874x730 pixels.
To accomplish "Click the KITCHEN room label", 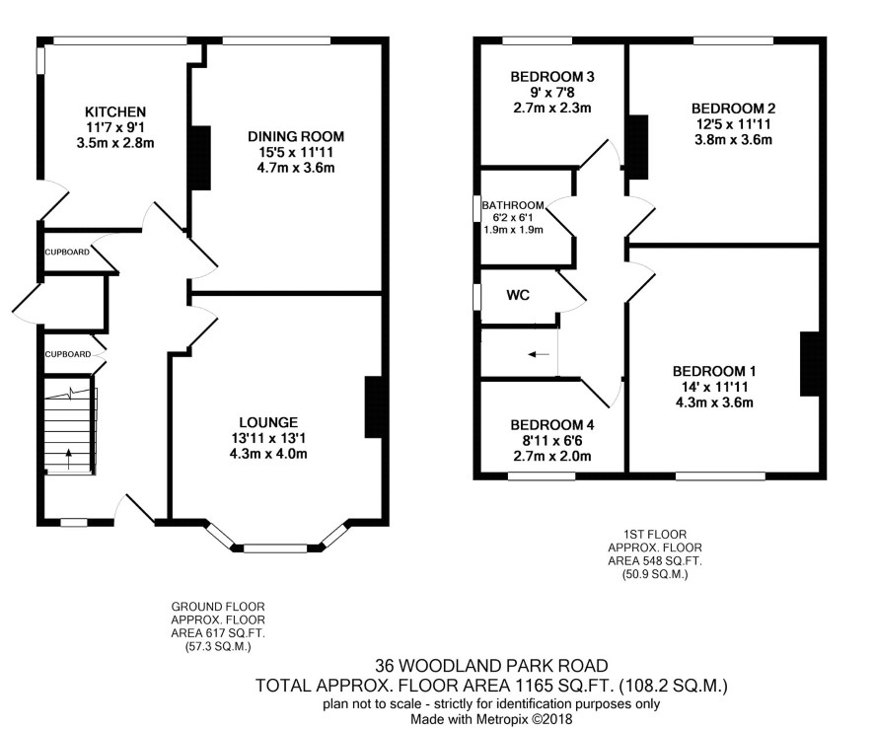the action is [x=115, y=112].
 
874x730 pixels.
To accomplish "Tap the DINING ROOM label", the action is [x=296, y=136].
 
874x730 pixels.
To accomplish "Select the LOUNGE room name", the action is [x=268, y=422].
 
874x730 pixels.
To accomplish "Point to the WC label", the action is [x=518, y=295].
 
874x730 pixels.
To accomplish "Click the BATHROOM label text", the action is [x=513, y=205].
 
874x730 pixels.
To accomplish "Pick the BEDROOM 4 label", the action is [x=552, y=425].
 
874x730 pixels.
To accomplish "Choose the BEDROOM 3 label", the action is [x=552, y=76].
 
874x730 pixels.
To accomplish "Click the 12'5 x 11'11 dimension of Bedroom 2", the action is [x=733, y=123].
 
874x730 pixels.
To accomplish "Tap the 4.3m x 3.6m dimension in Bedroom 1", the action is [x=714, y=402].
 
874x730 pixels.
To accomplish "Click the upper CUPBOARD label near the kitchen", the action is [x=67, y=252].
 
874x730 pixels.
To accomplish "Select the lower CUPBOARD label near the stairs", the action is [x=68, y=354].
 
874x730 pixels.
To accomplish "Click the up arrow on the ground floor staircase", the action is [x=69, y=459].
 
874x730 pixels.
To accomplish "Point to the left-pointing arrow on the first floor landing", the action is [x=539, y=354].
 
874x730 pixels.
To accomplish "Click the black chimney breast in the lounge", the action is [x=374, y=407].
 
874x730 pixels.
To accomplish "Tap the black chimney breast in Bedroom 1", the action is [x=809, y=364].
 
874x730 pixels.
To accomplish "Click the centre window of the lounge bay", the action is [x=276, y=548].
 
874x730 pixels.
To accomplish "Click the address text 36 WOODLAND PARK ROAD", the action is [x=491, y=666].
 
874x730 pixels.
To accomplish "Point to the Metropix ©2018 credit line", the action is [x=491, y=719].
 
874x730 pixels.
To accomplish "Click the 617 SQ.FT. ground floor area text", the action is [x=218, y=633].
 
